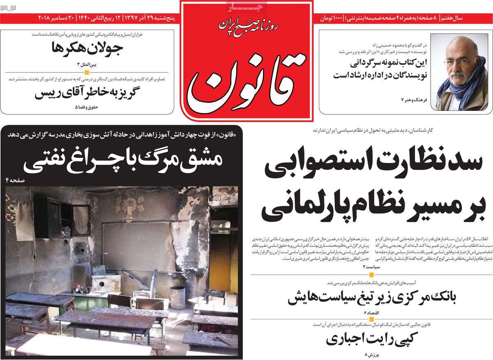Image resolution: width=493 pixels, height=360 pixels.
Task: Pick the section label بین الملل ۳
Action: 89,65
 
